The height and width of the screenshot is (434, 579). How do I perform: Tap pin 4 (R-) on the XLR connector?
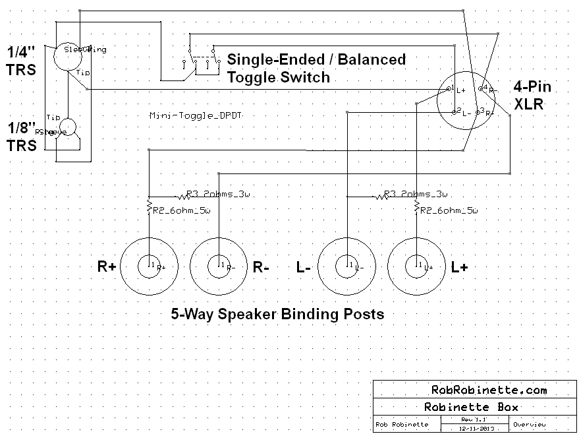(482, 86)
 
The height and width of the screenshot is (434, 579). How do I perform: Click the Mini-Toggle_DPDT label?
(196, 115)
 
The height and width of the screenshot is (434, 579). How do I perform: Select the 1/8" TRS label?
(21, 137)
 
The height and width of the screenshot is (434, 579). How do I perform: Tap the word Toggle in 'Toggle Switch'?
(250, 77)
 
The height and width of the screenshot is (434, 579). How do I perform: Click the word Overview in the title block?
(529, 424)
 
